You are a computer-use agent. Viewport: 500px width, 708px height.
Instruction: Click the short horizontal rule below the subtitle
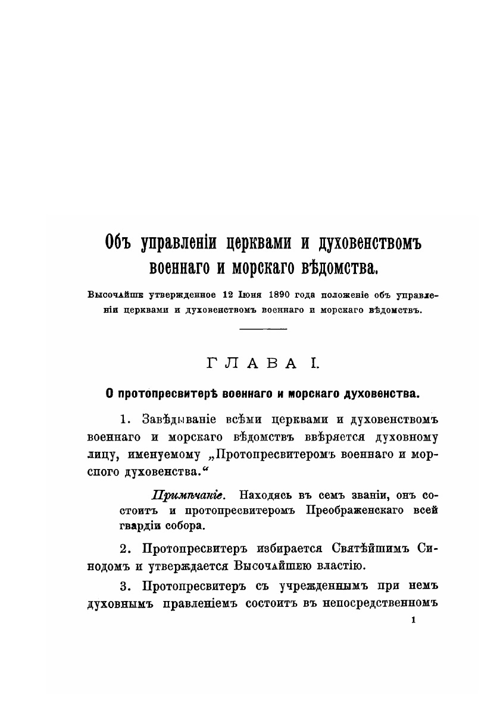click(x=263, y=328)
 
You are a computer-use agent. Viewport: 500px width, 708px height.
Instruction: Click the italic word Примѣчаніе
click(x=187, y=495)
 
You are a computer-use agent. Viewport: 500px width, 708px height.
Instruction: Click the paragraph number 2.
click(x=124, y=547)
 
